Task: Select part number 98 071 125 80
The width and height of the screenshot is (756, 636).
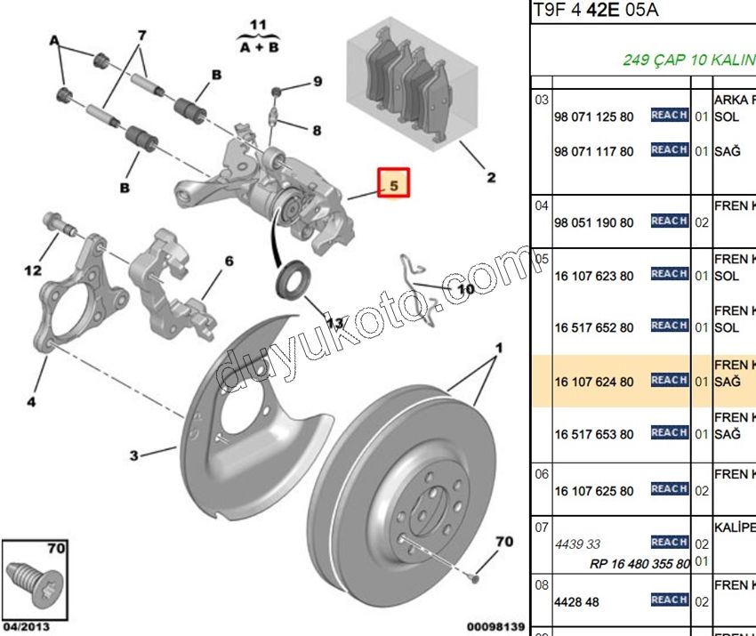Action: (594, 117)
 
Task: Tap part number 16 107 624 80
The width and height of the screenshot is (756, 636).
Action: (594, 382)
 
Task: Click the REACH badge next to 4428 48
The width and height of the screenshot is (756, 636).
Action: (670, 600)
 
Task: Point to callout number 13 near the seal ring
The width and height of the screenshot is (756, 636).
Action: (334, 324)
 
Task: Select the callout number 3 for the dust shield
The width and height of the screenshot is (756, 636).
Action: (133, 456)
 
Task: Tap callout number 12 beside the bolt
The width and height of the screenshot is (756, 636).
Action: (32, 269)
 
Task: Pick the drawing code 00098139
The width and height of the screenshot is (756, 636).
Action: (495, 626)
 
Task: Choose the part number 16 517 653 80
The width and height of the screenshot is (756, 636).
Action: (594, 434)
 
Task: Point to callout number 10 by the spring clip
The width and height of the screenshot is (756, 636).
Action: (465, 288)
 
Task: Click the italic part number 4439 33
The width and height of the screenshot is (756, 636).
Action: (577, 544)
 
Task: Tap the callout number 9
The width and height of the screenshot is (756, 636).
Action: (317, 83)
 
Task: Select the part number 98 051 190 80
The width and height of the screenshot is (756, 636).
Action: (594, 221)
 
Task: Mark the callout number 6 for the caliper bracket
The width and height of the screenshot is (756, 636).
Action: (229, 262)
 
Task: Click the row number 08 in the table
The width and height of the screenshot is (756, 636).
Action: (541, 585)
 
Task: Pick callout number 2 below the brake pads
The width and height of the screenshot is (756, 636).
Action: (491, 177)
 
